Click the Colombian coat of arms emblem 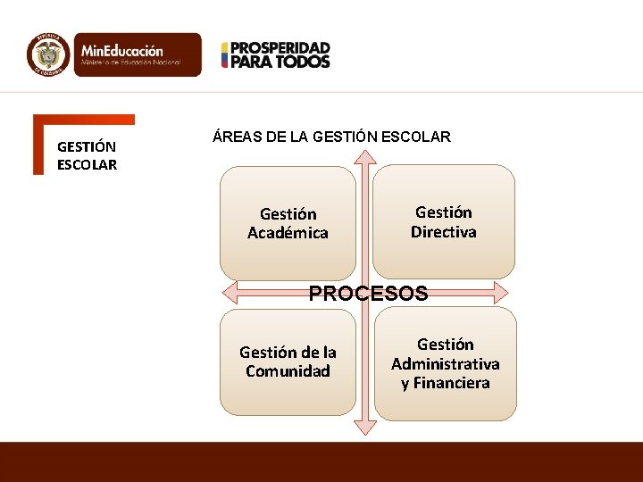coord(48,54)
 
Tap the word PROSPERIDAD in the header coord(281,47)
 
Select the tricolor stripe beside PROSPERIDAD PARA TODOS coord(225,54)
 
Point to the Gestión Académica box coord(288,223)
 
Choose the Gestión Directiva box coord(444,221)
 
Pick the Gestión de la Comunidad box coord(288,361)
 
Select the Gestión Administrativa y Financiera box coord(445,363)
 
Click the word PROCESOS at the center coord(368,294)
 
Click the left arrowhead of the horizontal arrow coord(230,293)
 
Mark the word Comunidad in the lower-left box coord(288,371)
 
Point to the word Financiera coord(445,383)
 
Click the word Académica coord(288,233)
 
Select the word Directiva coord(444,232)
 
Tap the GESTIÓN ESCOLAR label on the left coord(87,155)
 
